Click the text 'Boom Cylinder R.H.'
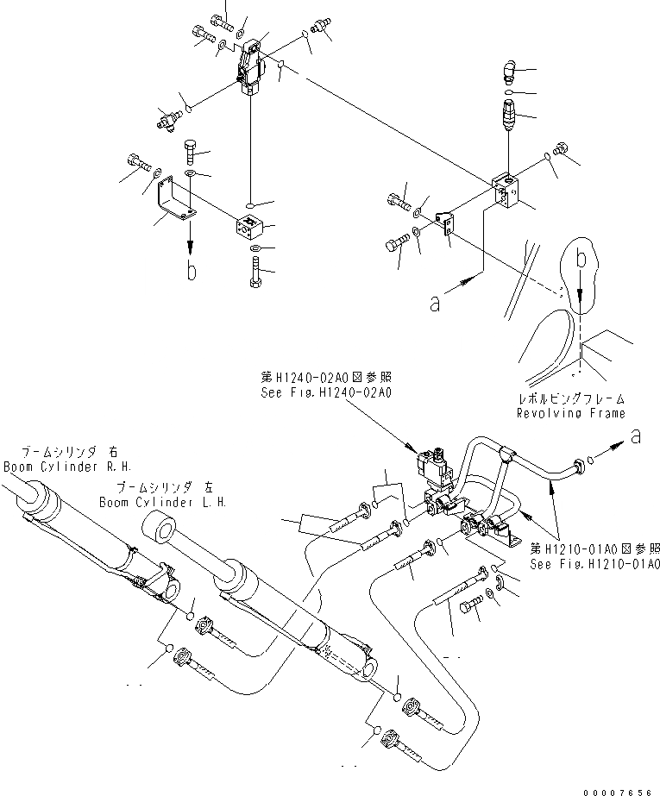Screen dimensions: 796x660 click(x=61, y=467)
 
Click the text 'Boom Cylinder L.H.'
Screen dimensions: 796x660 click(x=162, y=501)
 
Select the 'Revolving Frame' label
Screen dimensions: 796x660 click(x=570, y=414)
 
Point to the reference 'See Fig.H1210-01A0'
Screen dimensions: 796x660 click(x=595, y=564)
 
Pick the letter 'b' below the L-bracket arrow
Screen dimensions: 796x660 click(x=191, y=271)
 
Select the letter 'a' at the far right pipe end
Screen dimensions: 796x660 click(x=636, y=437)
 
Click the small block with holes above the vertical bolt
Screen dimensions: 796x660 click(x=249, y=228)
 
